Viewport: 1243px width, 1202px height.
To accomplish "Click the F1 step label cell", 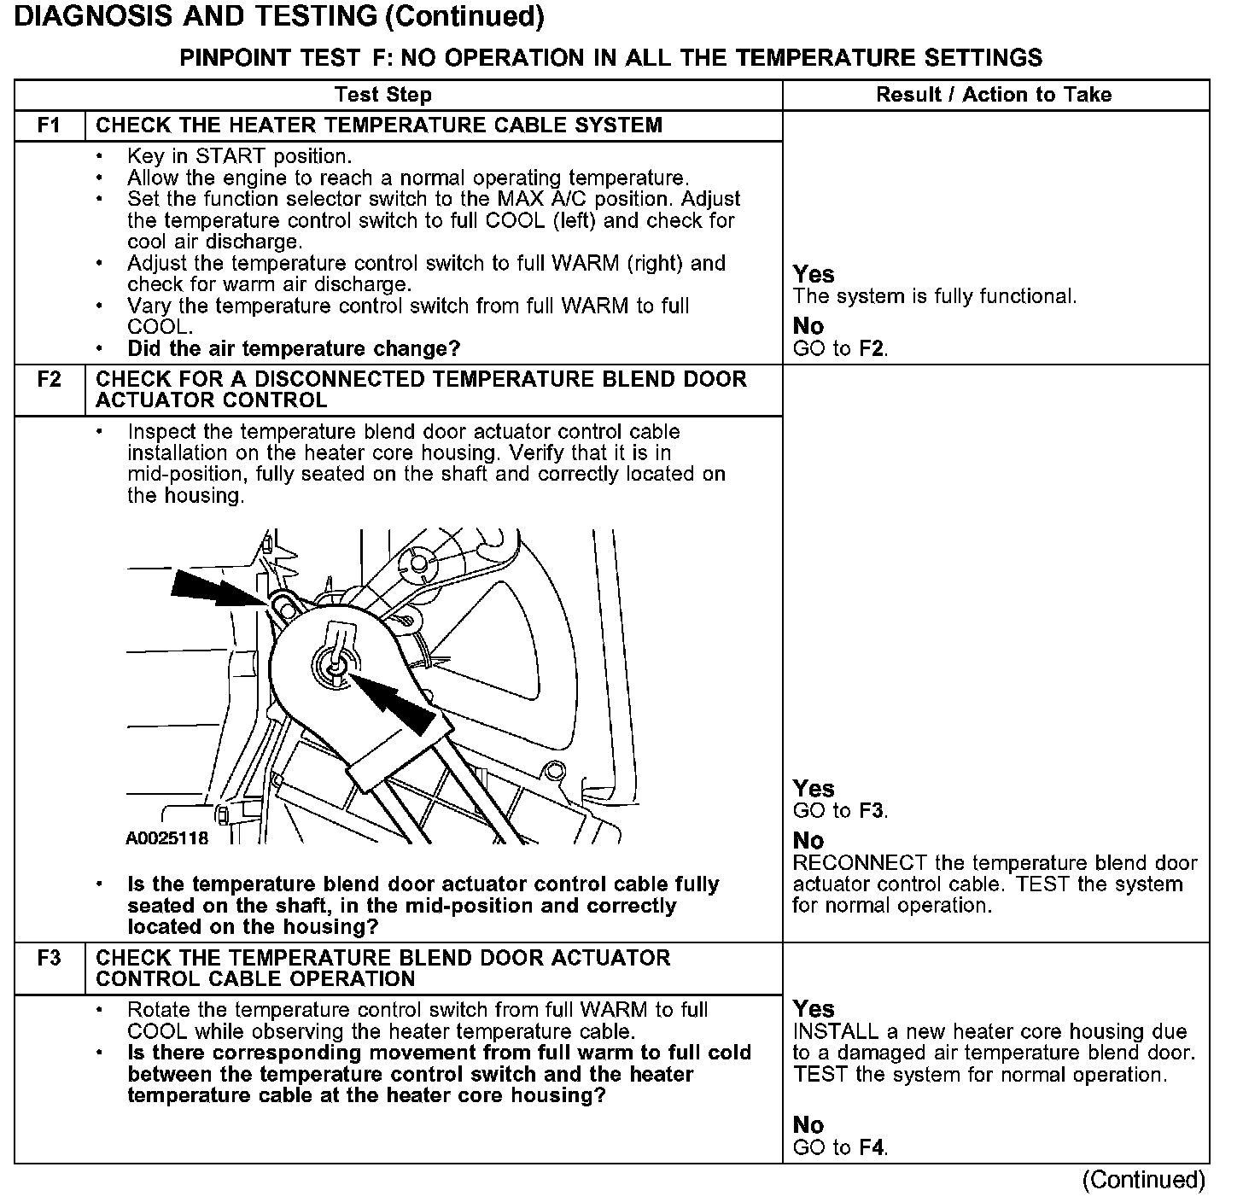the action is click(x=50, y=125).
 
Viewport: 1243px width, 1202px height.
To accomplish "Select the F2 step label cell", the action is click(x=50, y=390).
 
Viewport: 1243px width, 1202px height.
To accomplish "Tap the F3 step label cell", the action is click(x=50, y=968).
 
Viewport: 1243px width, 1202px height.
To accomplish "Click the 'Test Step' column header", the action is click(x=383, y=95).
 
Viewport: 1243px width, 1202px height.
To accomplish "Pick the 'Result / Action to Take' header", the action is click(x=994, y=95).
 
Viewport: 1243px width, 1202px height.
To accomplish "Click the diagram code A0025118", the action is click(x=166, y=838).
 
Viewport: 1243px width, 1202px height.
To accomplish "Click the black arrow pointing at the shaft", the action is click(x=392, y=703).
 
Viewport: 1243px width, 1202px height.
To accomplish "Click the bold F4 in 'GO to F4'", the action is click(x=872, y=1147).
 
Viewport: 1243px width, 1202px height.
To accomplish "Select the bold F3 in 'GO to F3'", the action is click(x=872, y=810).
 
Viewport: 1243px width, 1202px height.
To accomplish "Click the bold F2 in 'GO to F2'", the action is click(x=872, y=348).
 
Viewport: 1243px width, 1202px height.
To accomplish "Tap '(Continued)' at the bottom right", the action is click(x=1143, y=1180).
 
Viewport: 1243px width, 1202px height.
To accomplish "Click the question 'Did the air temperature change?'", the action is click(x=294, y=348).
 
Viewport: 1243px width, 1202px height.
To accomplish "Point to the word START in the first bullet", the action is click(x=231, y=156).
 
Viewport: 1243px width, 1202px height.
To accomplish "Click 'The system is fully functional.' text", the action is click(x=935, y=296).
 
